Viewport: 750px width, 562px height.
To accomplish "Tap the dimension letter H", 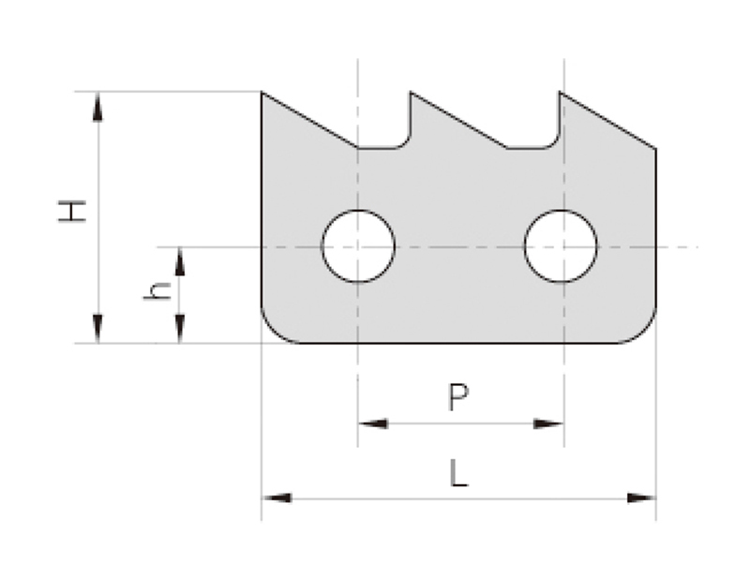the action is pos(72,212).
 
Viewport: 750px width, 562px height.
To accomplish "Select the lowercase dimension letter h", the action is pos(157,291).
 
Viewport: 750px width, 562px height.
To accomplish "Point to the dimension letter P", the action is pos(458,397).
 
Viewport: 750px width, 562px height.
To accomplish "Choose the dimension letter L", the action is pos(458,473).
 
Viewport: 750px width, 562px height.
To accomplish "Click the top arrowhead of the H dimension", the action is pos(97,107).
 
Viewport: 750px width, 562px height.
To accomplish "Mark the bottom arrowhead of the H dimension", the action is pos(97,329).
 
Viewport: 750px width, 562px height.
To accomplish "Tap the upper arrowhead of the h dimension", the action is pos(180,261).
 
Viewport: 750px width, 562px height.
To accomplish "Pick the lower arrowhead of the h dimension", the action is pos(180,329).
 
